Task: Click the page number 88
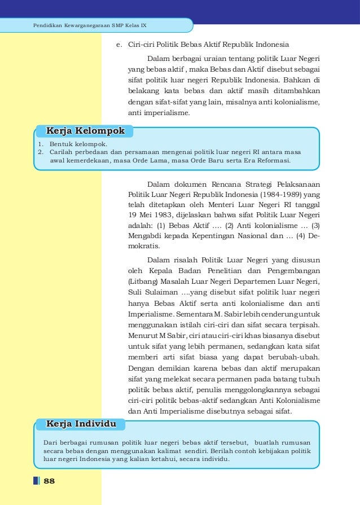49,481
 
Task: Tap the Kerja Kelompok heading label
85,131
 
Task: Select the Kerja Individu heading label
81,423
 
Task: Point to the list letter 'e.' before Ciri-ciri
120,44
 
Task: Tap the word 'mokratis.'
144,246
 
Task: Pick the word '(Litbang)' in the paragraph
145,282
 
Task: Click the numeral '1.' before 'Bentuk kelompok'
41,144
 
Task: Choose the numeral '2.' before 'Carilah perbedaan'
41,152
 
